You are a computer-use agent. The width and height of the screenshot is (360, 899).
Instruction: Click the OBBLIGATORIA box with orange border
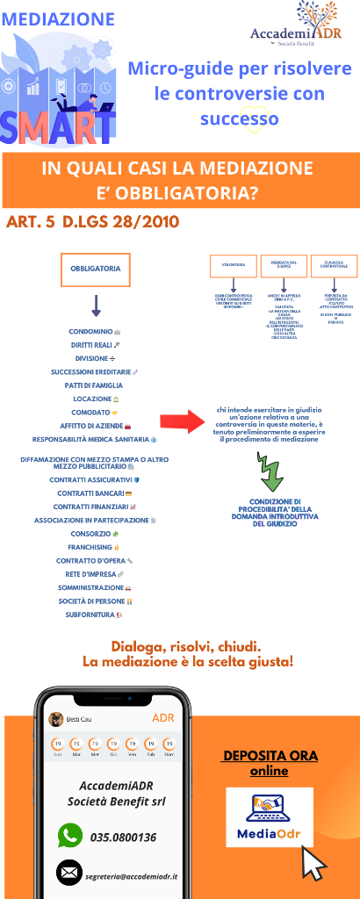point(89,270)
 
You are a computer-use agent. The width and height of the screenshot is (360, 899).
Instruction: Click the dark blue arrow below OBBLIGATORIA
point(97,306)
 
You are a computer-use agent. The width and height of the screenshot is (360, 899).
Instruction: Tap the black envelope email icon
point(69,874)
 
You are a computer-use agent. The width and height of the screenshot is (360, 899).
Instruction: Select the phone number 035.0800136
point(124,837)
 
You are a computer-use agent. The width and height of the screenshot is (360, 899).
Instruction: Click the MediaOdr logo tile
point(270,816)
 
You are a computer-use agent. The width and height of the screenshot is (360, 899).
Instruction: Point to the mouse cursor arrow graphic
point(313,864)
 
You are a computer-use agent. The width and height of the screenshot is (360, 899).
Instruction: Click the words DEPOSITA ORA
point(270,755)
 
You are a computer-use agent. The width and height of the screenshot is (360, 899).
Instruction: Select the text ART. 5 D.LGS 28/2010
point(92,222)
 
